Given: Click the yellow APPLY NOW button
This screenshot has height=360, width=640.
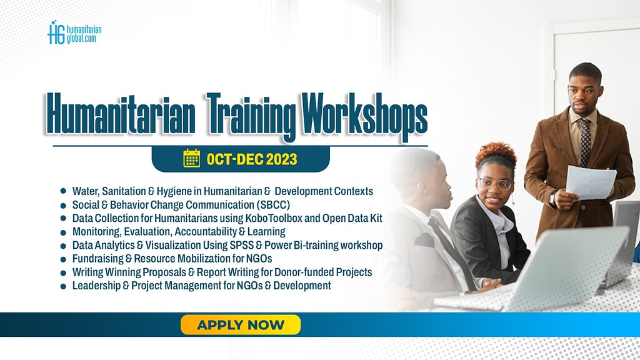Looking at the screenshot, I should coord(241,325).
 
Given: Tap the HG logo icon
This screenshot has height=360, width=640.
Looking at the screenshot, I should coord(56,32).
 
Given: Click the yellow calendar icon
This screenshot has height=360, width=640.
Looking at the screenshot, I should coord(191,159).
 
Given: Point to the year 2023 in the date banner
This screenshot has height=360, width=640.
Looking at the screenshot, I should coord(281,160).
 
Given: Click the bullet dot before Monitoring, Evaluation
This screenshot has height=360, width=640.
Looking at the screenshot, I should coord(63,232).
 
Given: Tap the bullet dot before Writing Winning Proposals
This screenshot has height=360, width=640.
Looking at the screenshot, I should coord(63,272).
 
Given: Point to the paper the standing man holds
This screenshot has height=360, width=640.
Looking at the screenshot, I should coord(590,182).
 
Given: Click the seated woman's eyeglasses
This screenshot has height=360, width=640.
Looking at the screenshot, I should coord(494,184).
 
